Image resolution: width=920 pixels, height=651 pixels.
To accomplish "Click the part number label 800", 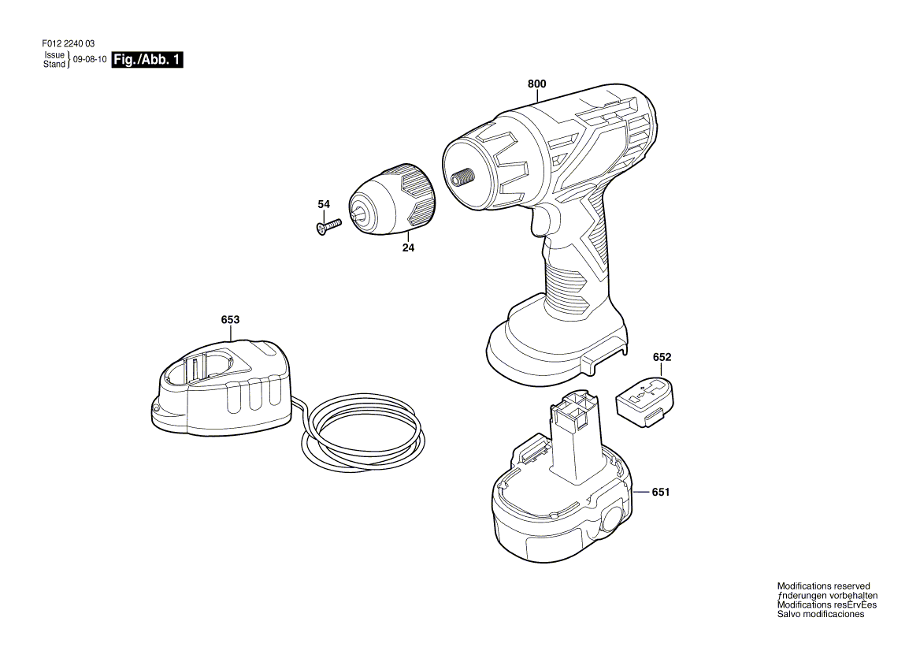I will coord(536,84).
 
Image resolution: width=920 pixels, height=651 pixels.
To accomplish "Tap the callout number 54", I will coord(324,204).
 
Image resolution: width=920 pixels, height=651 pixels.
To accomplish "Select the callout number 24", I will coord(408,247).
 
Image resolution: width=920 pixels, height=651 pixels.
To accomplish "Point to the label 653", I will coord(230,319).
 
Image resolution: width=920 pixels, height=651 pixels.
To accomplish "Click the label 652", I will coord(662,357).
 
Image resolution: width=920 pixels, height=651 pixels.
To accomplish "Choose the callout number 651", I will coord(660,492).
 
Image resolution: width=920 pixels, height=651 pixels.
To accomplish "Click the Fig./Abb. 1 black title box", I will coord(148,60).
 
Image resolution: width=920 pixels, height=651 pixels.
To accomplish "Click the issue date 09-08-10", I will coord(90,60).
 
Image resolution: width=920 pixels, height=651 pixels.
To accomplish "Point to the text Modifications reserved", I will coord(823,586).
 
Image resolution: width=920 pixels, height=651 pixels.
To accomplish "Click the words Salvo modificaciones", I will coord(820,614).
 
